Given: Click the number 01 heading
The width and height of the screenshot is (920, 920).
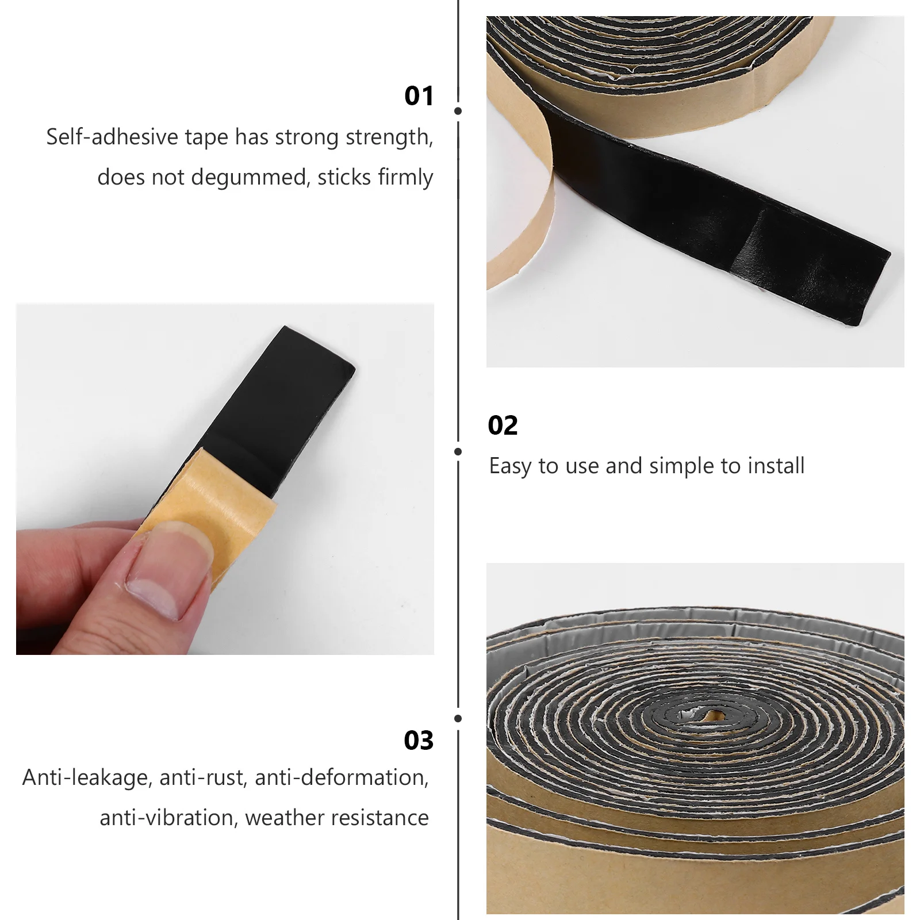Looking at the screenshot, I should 419,96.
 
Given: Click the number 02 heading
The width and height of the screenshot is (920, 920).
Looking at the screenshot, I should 503,425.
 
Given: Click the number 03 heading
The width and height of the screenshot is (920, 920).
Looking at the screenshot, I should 418,741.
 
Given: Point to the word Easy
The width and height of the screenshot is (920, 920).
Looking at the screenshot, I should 511,466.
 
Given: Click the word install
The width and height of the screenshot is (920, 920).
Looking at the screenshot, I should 776,466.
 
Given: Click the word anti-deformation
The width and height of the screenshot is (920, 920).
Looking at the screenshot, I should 342,778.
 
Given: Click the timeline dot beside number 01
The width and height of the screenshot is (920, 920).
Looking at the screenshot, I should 458,111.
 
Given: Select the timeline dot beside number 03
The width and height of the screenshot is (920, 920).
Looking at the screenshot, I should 458,719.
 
